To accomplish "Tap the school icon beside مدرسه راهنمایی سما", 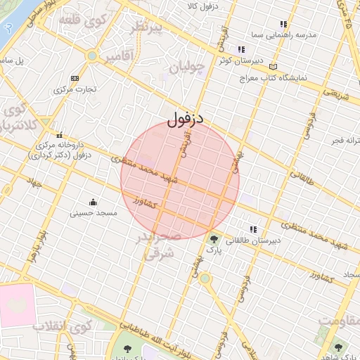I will pos(283,24).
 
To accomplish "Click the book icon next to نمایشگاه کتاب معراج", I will pos(273,67).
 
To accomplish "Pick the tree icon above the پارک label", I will pos(213,240).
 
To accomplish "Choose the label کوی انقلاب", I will pos(72,326).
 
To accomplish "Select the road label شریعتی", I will pos(335,94).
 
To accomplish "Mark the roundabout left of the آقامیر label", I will pos(92,56).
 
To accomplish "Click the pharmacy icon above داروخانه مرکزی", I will pos(60,134).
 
